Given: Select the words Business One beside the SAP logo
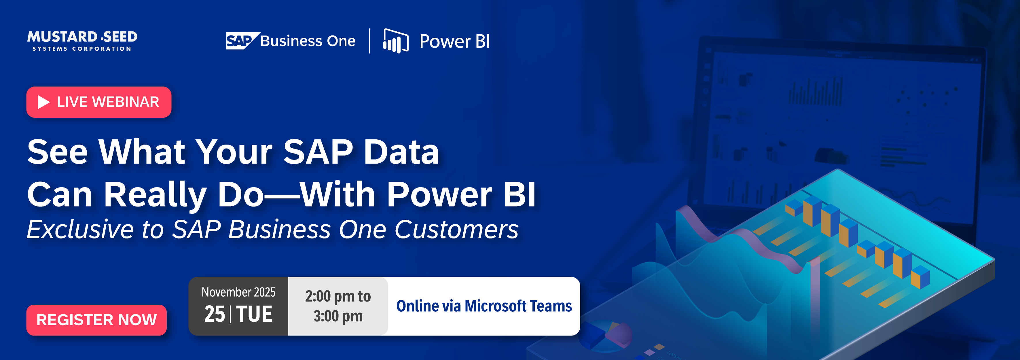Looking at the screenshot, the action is [308, 41].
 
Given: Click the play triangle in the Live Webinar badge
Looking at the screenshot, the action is [43, 102].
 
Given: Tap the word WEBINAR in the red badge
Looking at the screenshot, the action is [126, 102].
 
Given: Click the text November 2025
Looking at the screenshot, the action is [238, 292].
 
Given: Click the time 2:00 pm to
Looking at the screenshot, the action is [338, 296].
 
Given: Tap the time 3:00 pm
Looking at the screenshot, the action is [338, 316].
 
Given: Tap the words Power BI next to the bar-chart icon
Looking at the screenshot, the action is [454, 41].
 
